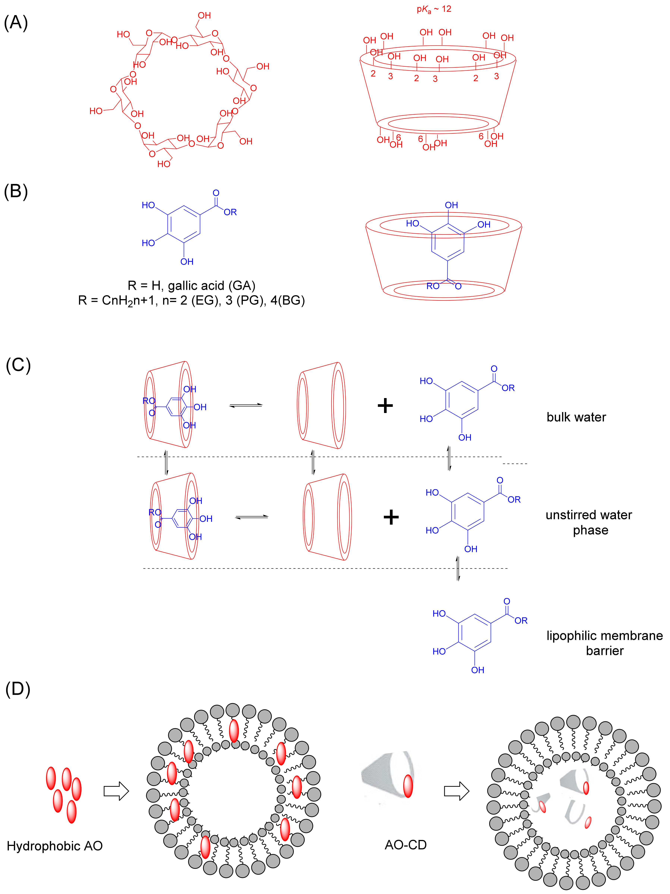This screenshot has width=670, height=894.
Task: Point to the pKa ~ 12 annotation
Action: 434,9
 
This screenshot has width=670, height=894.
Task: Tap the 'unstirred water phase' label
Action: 589,522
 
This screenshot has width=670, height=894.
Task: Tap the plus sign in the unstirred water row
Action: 391,517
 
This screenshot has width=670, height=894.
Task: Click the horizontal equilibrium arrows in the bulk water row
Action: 246,405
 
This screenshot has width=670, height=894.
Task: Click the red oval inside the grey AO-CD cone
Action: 408,786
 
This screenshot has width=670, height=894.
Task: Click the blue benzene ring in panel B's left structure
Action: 184,224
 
